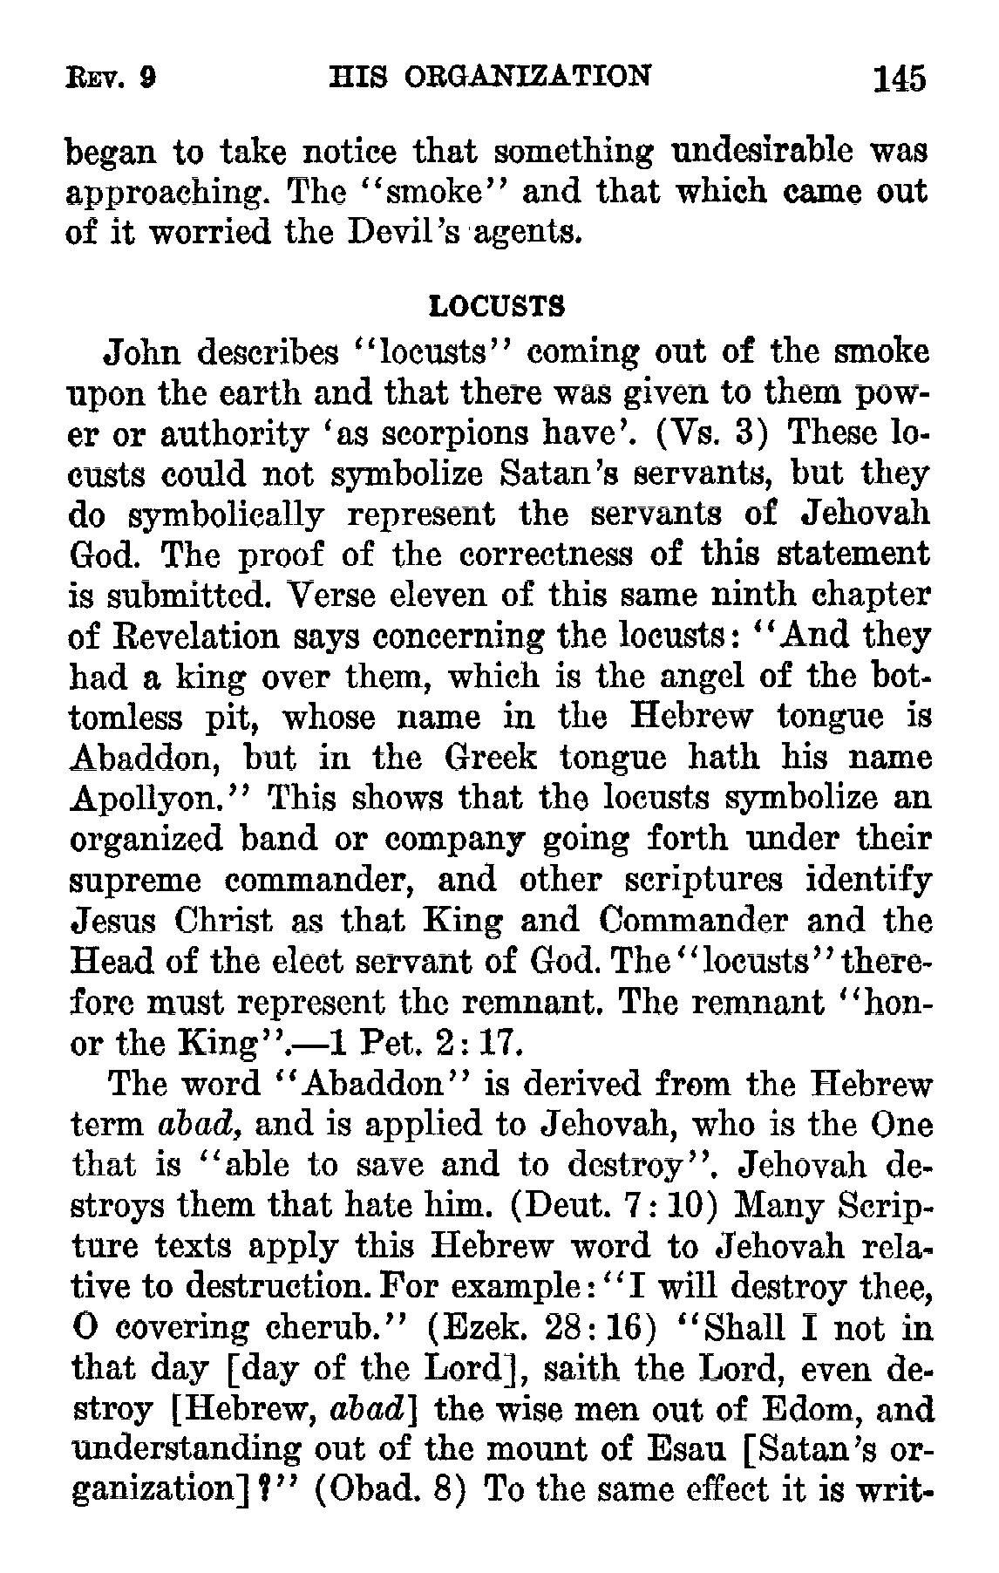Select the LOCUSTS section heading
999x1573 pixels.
(498, 306)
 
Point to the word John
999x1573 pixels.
(141, 353)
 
